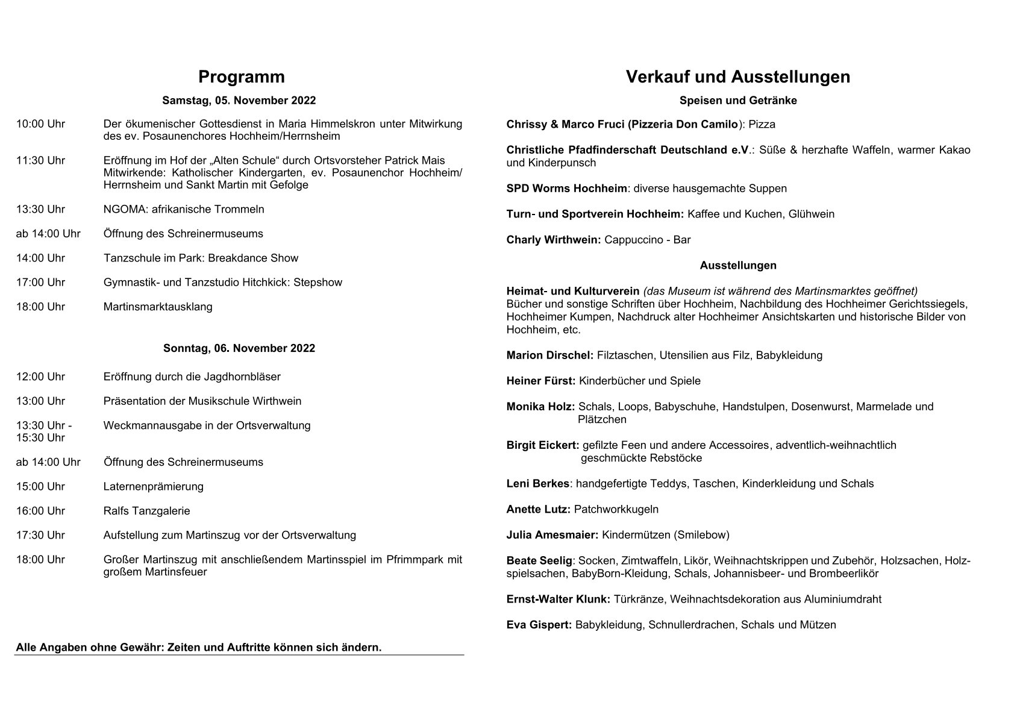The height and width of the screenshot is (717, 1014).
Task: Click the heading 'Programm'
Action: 241,77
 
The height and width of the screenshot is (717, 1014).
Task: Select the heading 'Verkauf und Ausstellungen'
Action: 737,77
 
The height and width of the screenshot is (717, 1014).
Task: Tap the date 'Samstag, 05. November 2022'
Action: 239,101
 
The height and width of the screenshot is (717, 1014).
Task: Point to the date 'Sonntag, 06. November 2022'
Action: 239,348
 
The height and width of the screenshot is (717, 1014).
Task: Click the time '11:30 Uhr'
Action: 40,160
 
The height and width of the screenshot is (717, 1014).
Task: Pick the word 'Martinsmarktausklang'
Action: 158,307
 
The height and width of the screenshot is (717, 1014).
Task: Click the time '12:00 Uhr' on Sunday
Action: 40,377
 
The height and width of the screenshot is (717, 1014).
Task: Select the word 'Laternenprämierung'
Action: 153,486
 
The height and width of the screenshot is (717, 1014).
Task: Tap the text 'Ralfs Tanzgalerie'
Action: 146,511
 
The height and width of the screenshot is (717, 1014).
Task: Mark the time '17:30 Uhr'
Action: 40,535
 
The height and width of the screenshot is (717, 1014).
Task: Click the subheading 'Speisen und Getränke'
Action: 737,101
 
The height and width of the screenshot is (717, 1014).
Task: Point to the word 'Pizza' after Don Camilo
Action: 762,125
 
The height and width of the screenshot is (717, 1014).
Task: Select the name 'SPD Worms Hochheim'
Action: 566,189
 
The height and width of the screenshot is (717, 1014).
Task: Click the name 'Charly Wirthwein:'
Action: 553,240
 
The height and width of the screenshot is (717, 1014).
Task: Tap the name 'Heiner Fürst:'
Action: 540,381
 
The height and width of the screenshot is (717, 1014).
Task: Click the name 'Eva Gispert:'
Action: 539,625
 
